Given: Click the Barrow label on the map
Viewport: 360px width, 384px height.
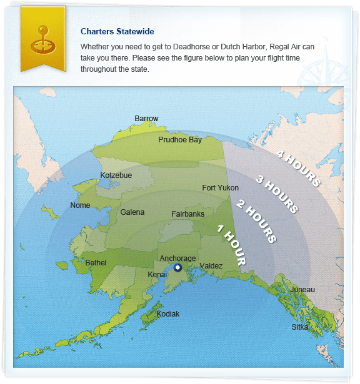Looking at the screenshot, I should coord(147,119).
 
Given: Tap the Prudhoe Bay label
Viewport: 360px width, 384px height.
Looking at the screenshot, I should coord(180,140).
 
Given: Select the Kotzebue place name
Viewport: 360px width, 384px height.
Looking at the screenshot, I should coord(116,175).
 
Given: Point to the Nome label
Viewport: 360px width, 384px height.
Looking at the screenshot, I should coord(80,205).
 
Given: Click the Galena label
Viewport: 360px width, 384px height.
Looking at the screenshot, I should coord(132,212).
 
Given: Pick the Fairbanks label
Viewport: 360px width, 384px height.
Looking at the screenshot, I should coord(187,214).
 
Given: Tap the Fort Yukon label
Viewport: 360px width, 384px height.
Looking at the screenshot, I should coord(220,188).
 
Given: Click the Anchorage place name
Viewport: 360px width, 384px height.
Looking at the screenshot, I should coord(177,258).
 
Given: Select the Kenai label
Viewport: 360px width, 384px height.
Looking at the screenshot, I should coord(157,275).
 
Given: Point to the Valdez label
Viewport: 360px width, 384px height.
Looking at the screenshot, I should coord(211,266).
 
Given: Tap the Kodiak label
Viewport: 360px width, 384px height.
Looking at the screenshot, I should coord(167,314).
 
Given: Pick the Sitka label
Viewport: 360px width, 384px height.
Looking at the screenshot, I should coord(300,327).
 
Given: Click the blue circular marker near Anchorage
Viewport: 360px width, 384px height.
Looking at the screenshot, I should coord(177,268).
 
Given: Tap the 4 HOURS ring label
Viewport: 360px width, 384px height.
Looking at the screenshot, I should coord(298,168).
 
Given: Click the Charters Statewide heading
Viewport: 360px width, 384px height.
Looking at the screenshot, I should coord(117,31).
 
